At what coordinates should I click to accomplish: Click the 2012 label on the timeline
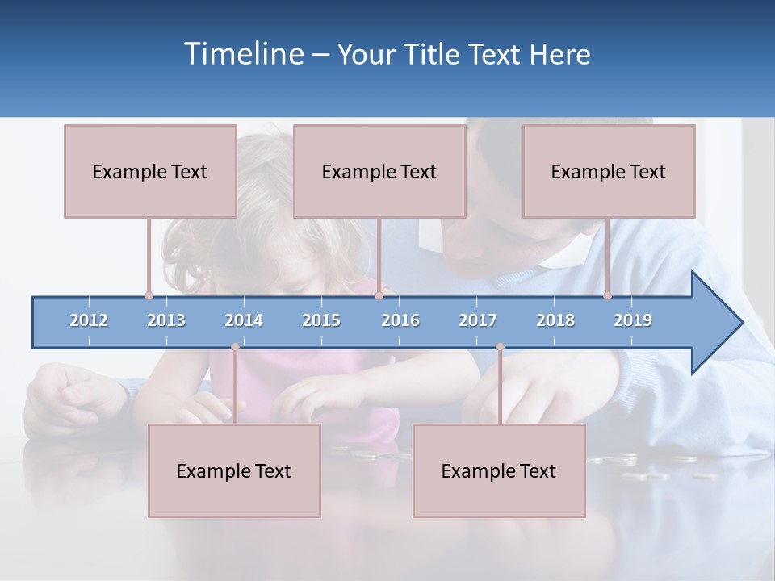point(89,320)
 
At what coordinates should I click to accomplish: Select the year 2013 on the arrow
point(166,320)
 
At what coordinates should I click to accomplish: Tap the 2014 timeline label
point(244,320)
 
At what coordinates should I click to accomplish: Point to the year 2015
point(321,320)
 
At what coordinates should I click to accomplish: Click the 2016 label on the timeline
point(400,320)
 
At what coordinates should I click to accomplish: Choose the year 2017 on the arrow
point(478,320)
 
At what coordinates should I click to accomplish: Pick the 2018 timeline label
point(555,320)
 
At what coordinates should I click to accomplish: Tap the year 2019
point(633,320)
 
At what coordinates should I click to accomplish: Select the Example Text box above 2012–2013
point(150,171)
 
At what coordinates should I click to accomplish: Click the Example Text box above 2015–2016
point(379,171)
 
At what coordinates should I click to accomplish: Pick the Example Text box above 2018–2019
point(609,171)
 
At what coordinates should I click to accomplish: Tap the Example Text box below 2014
point(234,470)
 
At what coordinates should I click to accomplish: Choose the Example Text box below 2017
point(499,470)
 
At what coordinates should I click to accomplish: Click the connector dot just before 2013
point(149,295)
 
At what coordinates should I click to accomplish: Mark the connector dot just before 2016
point(379,295)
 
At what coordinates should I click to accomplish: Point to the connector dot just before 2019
point(608,295)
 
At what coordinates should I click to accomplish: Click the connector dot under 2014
point(235,347)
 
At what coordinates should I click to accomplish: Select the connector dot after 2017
point(500,347)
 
